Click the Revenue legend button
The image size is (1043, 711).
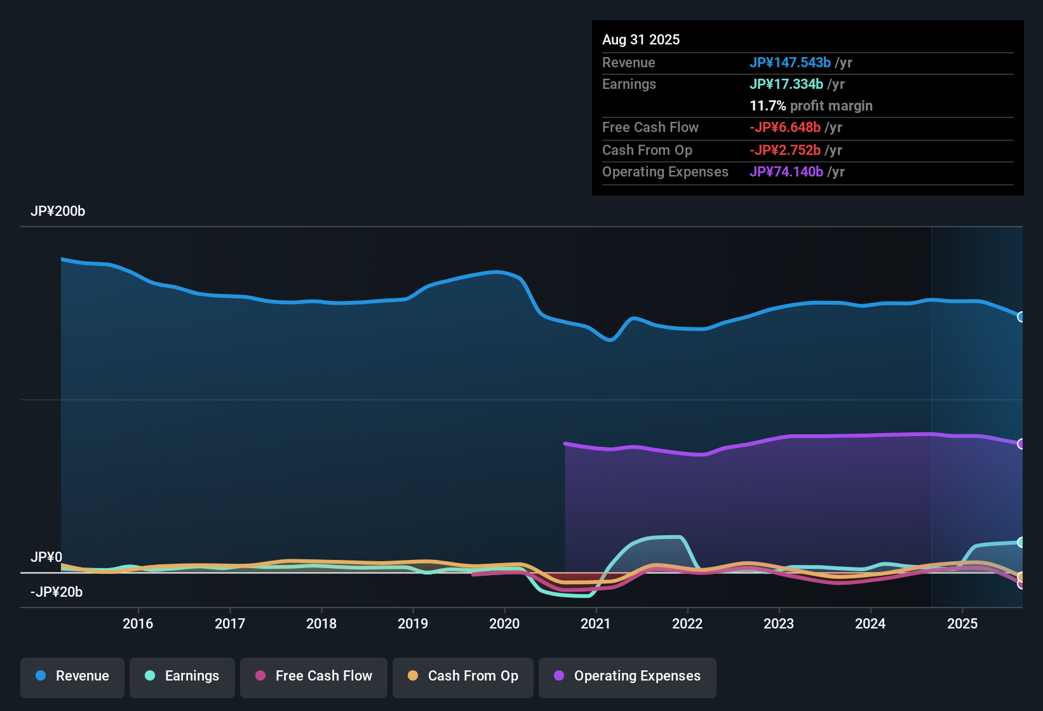[72, 676]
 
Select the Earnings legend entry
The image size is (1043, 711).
[182, 676]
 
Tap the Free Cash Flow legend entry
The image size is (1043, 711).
[313, 676]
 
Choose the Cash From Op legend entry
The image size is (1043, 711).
[462, 676]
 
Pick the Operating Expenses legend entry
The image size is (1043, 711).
[627, 676]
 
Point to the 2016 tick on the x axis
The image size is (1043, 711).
[138, 623]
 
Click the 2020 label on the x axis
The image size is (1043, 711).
[504, 623]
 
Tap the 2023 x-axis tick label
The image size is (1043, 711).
[779, 623]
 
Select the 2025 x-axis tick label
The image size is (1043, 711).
[962, 623]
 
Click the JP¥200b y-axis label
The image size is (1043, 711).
[58, 211]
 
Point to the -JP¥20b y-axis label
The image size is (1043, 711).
[57, 592]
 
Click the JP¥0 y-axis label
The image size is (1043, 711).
[46, 557]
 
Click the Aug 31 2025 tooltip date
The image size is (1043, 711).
[641, 40]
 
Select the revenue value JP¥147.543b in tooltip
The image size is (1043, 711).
[790, 63]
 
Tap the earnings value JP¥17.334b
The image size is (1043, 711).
[786, 84]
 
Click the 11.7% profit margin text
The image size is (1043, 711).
[811, 106]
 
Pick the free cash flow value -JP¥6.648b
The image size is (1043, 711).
[784, 128]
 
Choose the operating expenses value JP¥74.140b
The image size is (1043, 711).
[786, 172]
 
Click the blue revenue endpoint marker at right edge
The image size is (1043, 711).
[1021, 317]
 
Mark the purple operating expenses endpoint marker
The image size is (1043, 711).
[1021, 444]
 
